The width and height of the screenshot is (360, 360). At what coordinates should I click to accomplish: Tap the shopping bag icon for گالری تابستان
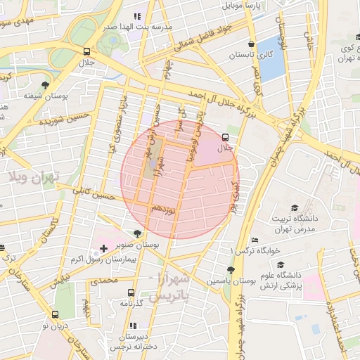click(x=252, y=41)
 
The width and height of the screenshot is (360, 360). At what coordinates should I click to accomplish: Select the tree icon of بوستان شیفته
click(x=46, y=84)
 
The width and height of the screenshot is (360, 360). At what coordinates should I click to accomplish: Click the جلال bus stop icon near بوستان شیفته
click(x=86, y=51)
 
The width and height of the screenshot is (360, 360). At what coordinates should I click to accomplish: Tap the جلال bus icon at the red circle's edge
click(x=225, y=137)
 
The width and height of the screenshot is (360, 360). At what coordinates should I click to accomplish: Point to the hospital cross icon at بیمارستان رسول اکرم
click(x=104, y=248)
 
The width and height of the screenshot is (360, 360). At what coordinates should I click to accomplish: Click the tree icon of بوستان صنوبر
click(x=137, y=234)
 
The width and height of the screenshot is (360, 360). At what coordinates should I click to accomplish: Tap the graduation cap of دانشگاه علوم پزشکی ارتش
click(x=281, y=264)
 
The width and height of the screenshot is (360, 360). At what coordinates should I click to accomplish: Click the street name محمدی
click(x=103, y=281)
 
